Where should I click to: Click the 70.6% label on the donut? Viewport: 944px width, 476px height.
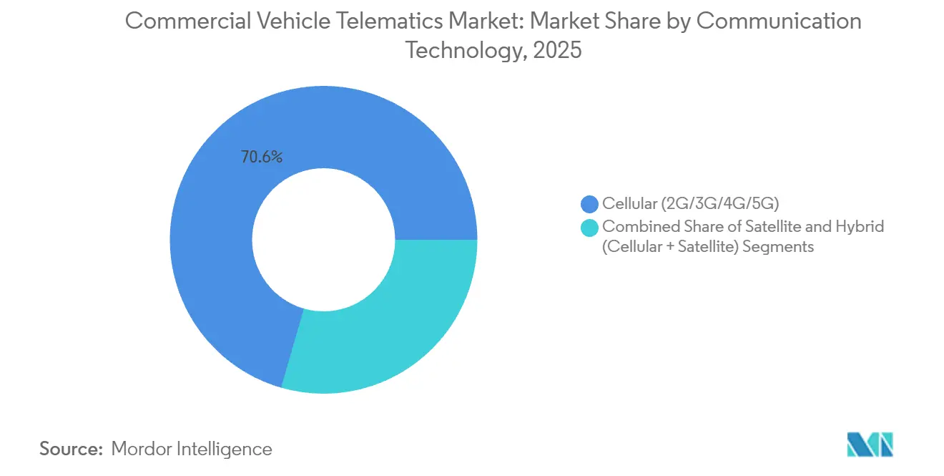(262, 157)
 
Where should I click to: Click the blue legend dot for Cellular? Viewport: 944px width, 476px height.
(590, 204)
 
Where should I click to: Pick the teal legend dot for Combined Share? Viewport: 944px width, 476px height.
(590, 227)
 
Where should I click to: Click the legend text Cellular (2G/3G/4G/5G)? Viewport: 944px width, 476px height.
(689, 204)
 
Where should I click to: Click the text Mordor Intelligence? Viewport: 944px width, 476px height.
(192, 449)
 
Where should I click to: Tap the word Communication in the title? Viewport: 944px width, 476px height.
(779, 21)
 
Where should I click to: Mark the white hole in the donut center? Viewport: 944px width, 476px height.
(323, 240)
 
